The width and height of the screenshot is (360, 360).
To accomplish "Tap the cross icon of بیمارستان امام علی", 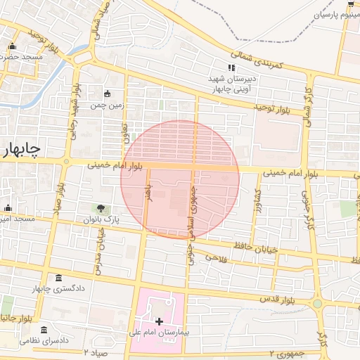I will pos(159,321).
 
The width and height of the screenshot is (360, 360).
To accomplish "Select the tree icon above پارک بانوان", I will pos(101,209).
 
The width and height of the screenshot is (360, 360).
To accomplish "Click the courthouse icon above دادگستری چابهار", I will pos(58,278).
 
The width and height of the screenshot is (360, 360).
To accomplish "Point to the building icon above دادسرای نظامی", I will pos(44,330).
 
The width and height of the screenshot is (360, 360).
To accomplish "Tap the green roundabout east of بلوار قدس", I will pos(318,304).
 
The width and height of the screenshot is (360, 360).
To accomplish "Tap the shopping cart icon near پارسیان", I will pos(349,4).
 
